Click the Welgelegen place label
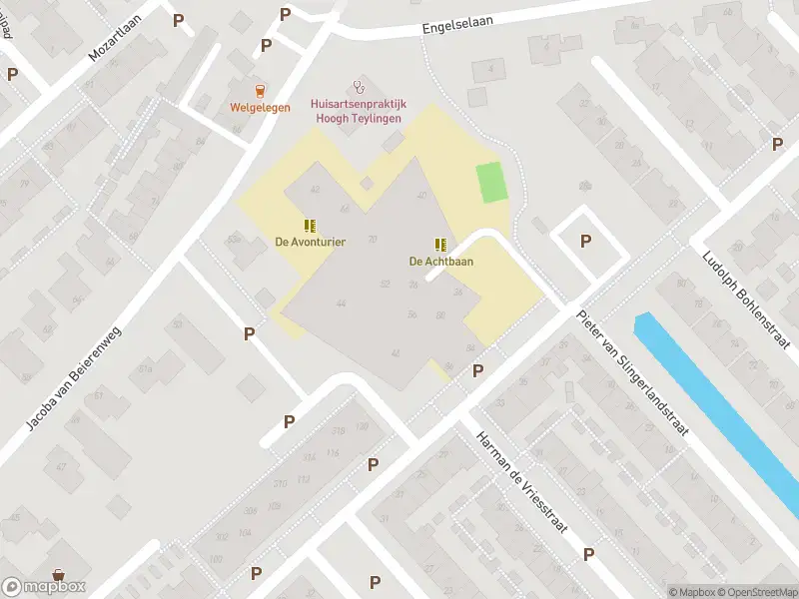[x=260, y=108]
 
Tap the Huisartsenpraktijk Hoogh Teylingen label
[x=357, y=111]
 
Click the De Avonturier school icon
[x=310, y=225]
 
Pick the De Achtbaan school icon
[x=440, y=245]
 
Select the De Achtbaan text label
[x=440, y=262]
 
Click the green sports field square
[x=490, y=183]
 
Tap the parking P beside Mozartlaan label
[x=178, y=19]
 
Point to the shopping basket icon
[x=59, y=576]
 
